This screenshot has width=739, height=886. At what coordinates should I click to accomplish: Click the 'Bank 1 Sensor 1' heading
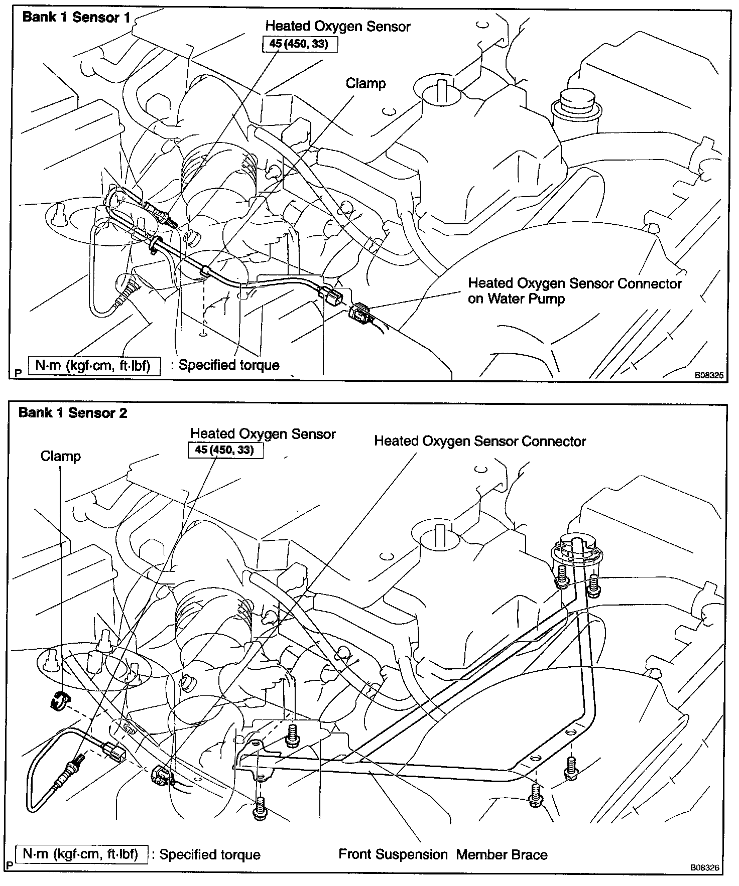pyautogui.click(x=76, y=18)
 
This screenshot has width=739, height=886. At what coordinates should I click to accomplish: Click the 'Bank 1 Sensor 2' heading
pyautogui.click(x=73, y=413)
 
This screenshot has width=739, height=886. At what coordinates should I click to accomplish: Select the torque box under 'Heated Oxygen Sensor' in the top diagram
pyautogui.click(x=299, y=44)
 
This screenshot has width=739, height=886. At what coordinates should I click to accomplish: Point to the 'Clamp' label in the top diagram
pyautogui.click(x=365, y=83)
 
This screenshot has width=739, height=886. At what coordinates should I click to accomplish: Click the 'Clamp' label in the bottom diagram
pyautogui.click(x=60, y=457)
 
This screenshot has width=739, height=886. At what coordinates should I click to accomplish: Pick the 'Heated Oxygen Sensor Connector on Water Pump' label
pyautogui.click(x=574, y=291)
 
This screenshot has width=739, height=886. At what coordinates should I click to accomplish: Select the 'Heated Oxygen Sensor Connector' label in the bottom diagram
pyautogui.click(x=480, y=441)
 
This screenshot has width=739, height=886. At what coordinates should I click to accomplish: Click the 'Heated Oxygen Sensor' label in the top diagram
pyautogui.click(x=337, y=26)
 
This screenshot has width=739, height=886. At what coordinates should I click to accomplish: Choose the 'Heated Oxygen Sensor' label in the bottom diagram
pyautogui.click(x=263, y=434)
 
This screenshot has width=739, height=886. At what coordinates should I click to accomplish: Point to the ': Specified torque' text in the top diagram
pyautogui.click(x=225, y=365)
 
